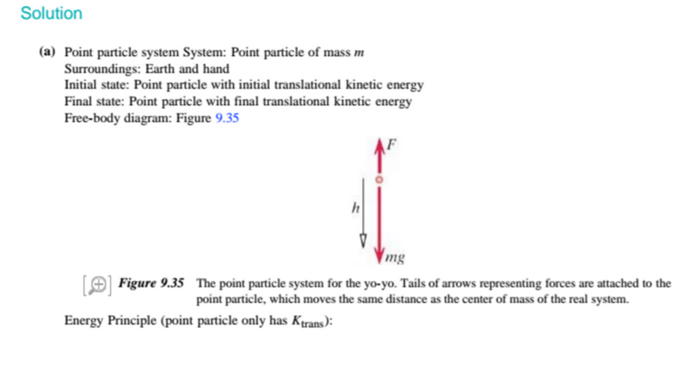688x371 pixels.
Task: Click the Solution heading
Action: [x=51, y=14]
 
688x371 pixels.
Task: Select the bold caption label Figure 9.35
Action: [x=151, y=283]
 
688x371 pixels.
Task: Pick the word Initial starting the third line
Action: [x=82, y=86]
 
